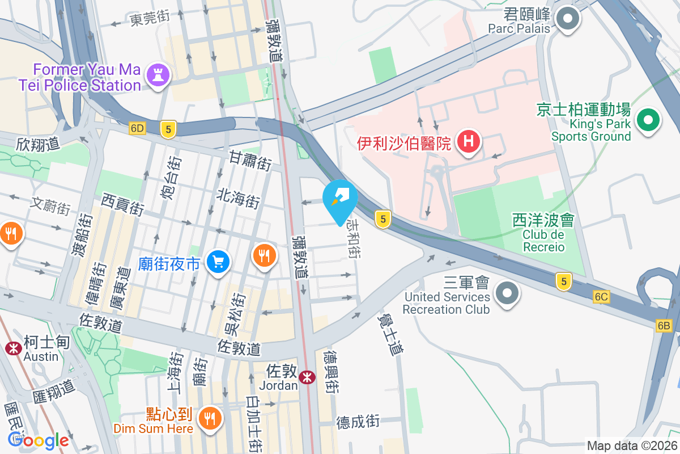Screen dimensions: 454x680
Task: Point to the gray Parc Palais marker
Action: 566,19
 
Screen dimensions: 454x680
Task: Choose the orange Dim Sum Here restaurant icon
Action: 210,419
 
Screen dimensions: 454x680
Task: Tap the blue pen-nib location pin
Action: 340,199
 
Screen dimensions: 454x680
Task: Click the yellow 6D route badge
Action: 137,129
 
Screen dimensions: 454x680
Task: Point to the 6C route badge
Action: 601,297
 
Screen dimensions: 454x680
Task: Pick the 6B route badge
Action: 664,326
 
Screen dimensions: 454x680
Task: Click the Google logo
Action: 38,440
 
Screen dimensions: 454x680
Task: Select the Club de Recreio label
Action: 543,241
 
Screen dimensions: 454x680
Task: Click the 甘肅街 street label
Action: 250,159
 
